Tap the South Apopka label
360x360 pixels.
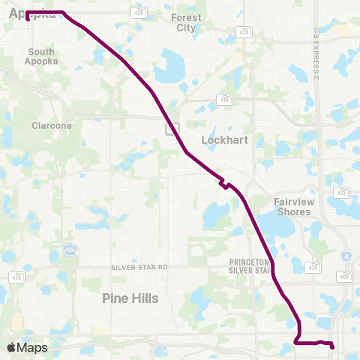[x=41, y=56]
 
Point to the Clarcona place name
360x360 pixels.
[x=52, y=126]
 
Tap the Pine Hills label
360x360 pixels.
[x=130, y=298]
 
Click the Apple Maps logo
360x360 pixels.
[x=26, y=347]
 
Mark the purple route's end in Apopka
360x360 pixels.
[x=28, y=20]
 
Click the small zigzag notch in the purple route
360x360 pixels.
[x=223, y=184]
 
